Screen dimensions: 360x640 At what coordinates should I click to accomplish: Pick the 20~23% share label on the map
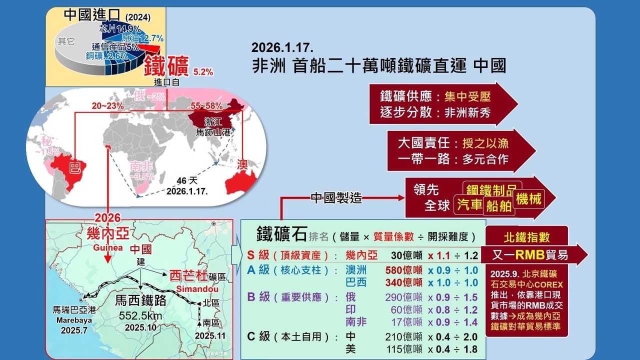(x=107, y=106)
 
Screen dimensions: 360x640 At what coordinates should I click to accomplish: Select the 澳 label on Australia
(x=242, y=164)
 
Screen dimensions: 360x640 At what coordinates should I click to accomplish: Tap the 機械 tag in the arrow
(x=529, y=199)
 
